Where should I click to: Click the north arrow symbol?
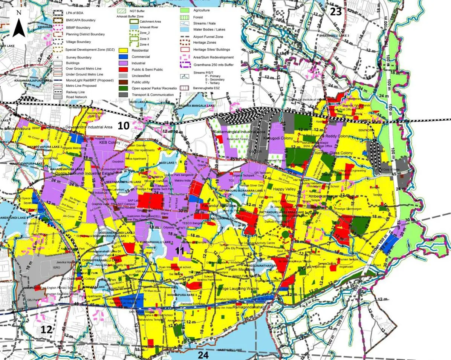pos(18,25)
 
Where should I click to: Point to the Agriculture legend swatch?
pos(185,11)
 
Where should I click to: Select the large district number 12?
pos(46,329)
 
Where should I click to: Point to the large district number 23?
pos(336,12)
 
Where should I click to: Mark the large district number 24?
pos(203,354)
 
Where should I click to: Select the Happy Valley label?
pos(285,189)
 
